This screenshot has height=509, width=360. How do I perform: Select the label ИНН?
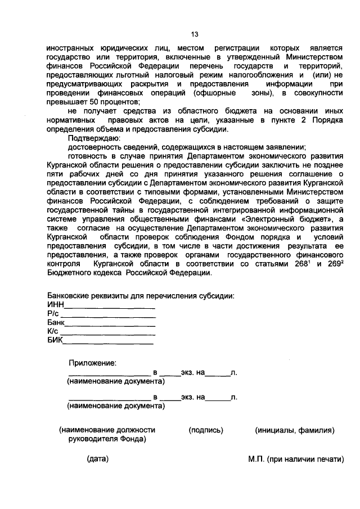[x=56, y=305]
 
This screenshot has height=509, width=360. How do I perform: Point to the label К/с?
[x=53, y=332]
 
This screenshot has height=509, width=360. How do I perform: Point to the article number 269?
[x=333, y=264]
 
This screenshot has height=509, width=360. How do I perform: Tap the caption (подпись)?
[x=206, y=430]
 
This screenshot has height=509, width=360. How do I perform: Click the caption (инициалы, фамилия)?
[x=295, y=430]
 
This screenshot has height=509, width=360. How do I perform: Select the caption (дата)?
[x=97, y=459]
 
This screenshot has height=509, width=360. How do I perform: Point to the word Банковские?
[x=71, y=296]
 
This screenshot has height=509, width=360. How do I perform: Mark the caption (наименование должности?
[x=107, y=430]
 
